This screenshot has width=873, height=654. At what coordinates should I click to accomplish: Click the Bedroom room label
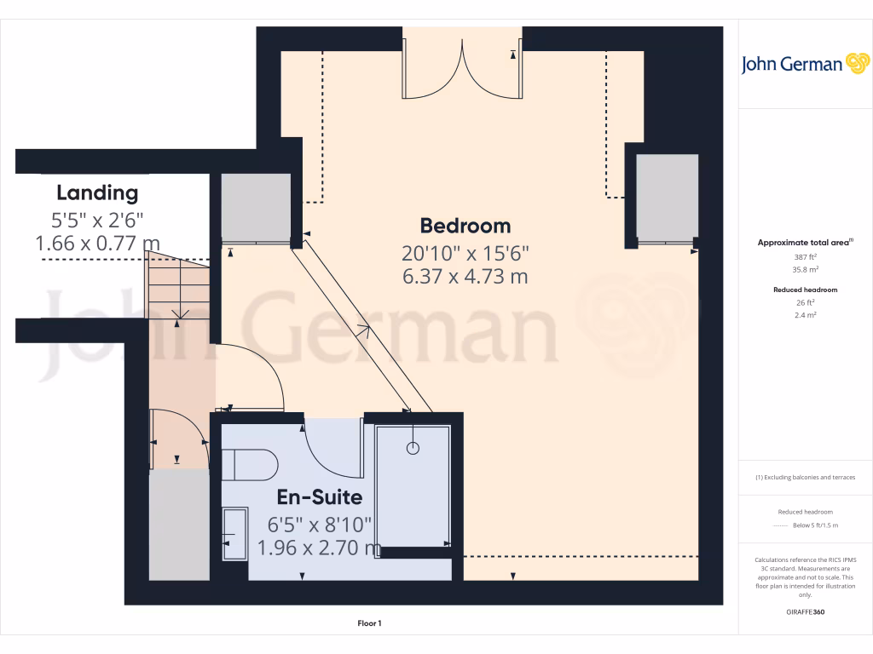pos(465,226)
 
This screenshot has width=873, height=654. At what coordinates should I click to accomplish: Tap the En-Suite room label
pos(319,496)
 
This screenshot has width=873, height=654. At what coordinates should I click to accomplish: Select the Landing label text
pos(97,192)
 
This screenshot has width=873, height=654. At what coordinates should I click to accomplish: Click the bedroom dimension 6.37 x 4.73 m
pos(465,276)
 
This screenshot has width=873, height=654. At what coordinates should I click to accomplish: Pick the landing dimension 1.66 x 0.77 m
pos(97,244)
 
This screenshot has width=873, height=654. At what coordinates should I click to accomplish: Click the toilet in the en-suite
pos(251,465)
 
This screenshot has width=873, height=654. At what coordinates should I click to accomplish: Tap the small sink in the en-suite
pos(234,534)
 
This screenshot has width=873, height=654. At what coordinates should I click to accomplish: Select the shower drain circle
pos(413,447)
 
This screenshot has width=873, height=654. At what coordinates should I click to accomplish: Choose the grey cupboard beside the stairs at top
pos(255,207)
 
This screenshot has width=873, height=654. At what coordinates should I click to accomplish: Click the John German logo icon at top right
pos(855,63)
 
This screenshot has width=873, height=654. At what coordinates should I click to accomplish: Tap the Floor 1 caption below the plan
pos(369,623)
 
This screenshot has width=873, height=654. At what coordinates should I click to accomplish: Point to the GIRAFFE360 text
pos(806,612)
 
